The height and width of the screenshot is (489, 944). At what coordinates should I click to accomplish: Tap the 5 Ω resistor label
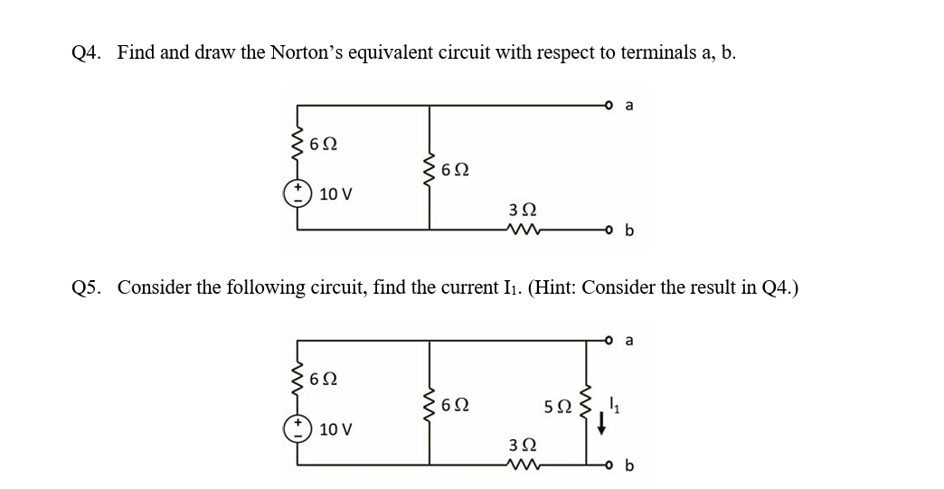557,409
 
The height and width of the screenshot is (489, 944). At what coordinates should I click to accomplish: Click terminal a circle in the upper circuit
610,106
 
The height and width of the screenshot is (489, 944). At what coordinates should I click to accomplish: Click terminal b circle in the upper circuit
610,230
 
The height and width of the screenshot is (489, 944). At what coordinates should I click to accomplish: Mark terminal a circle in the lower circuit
610,341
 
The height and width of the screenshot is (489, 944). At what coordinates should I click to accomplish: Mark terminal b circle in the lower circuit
610,465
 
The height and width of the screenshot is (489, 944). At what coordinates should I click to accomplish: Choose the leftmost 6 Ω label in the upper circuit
323,143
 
